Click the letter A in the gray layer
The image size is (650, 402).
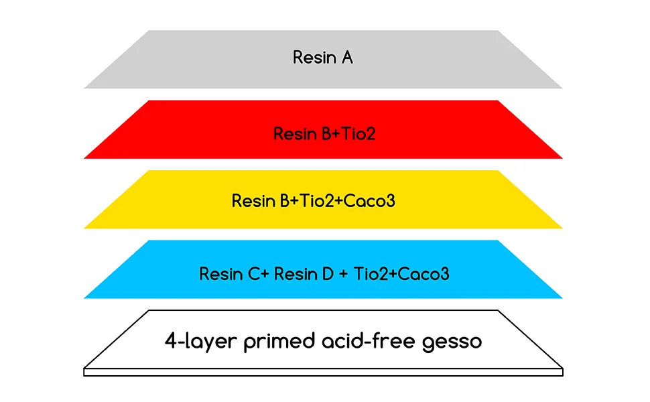tap(346, 58)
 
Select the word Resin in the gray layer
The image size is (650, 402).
tap(314, 58)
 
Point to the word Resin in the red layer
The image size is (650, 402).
tap(295, 134)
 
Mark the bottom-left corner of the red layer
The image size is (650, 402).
tap(85, 158)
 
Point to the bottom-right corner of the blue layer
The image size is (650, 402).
tap(562, 297)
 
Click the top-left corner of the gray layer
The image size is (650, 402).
tap(149, 31)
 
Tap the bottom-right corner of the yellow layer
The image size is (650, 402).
tap(562, 228)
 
